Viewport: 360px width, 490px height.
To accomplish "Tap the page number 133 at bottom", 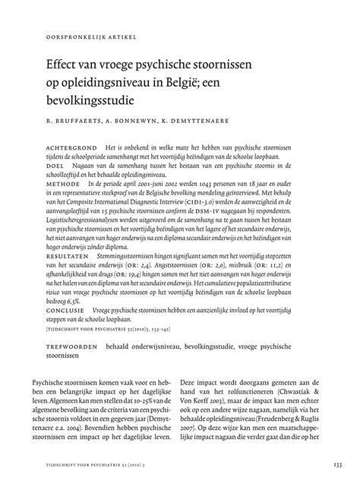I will pyautogui.click(x=336, y=465).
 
